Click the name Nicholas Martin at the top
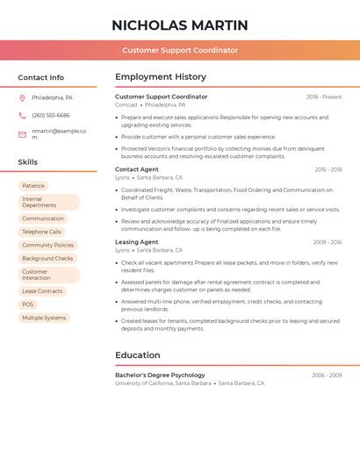click(x=180, y=25)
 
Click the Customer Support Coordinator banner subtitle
click(x=180, y=50)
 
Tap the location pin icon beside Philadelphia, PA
click(x=22, y=97)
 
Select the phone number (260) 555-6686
click(x=51, y=115)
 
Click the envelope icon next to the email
click(x=22, y=134)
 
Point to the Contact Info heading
click(x=41, y=77)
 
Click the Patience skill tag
click(x=33, y=186)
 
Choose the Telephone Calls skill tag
click(x=42, y=232)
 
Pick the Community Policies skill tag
click(x=48, y=246)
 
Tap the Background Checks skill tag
click(x=47, y=259)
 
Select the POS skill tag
click(x=28, y=304)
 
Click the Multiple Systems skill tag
click(x=44, y=318)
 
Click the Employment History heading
click(x=161, y=77)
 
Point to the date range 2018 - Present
click(x=324, y=97)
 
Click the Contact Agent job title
click(x=137, y=169)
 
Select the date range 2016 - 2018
click(x=328, y=169)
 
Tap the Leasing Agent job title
click(x=137, y=242)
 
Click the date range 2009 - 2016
click(x=327, y=242)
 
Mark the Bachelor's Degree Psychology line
click(x=160, y=375)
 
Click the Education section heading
click(x=138, y=355)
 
